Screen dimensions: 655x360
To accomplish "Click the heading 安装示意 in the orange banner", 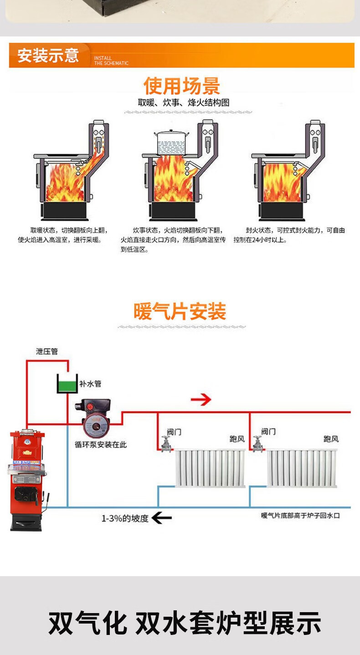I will pyautogui.click(x=48, y=56).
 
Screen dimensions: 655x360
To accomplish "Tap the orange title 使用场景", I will pyautogui.click(x=181, y=86).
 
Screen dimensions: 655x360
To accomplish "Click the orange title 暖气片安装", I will pyautogui.click(x=180, y=312).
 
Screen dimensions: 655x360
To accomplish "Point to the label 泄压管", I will pyautogui.click(x=47, y=351).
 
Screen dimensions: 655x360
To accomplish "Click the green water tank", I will pyautogui.click(x=67, y=384).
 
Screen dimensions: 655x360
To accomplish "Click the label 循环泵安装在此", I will pyautogui.click(x=100, y=444).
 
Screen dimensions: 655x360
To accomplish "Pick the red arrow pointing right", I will pyautogui.click(x=201, y=400).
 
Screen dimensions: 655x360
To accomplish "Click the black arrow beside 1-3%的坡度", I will pyautogui.click(x=161, y=518).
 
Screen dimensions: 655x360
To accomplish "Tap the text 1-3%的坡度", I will pyautogui.click(x=125, y=518).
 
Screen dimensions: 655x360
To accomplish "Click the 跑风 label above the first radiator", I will pyautogui.click(x=237, y=439).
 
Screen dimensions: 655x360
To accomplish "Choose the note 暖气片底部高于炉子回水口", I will pyautogui.click(x=300, y=516).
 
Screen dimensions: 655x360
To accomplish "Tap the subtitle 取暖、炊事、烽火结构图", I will pyautogui.click(x=184, y=103).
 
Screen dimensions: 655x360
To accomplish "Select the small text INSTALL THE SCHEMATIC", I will pyautogui.click(x=111, y=61).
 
